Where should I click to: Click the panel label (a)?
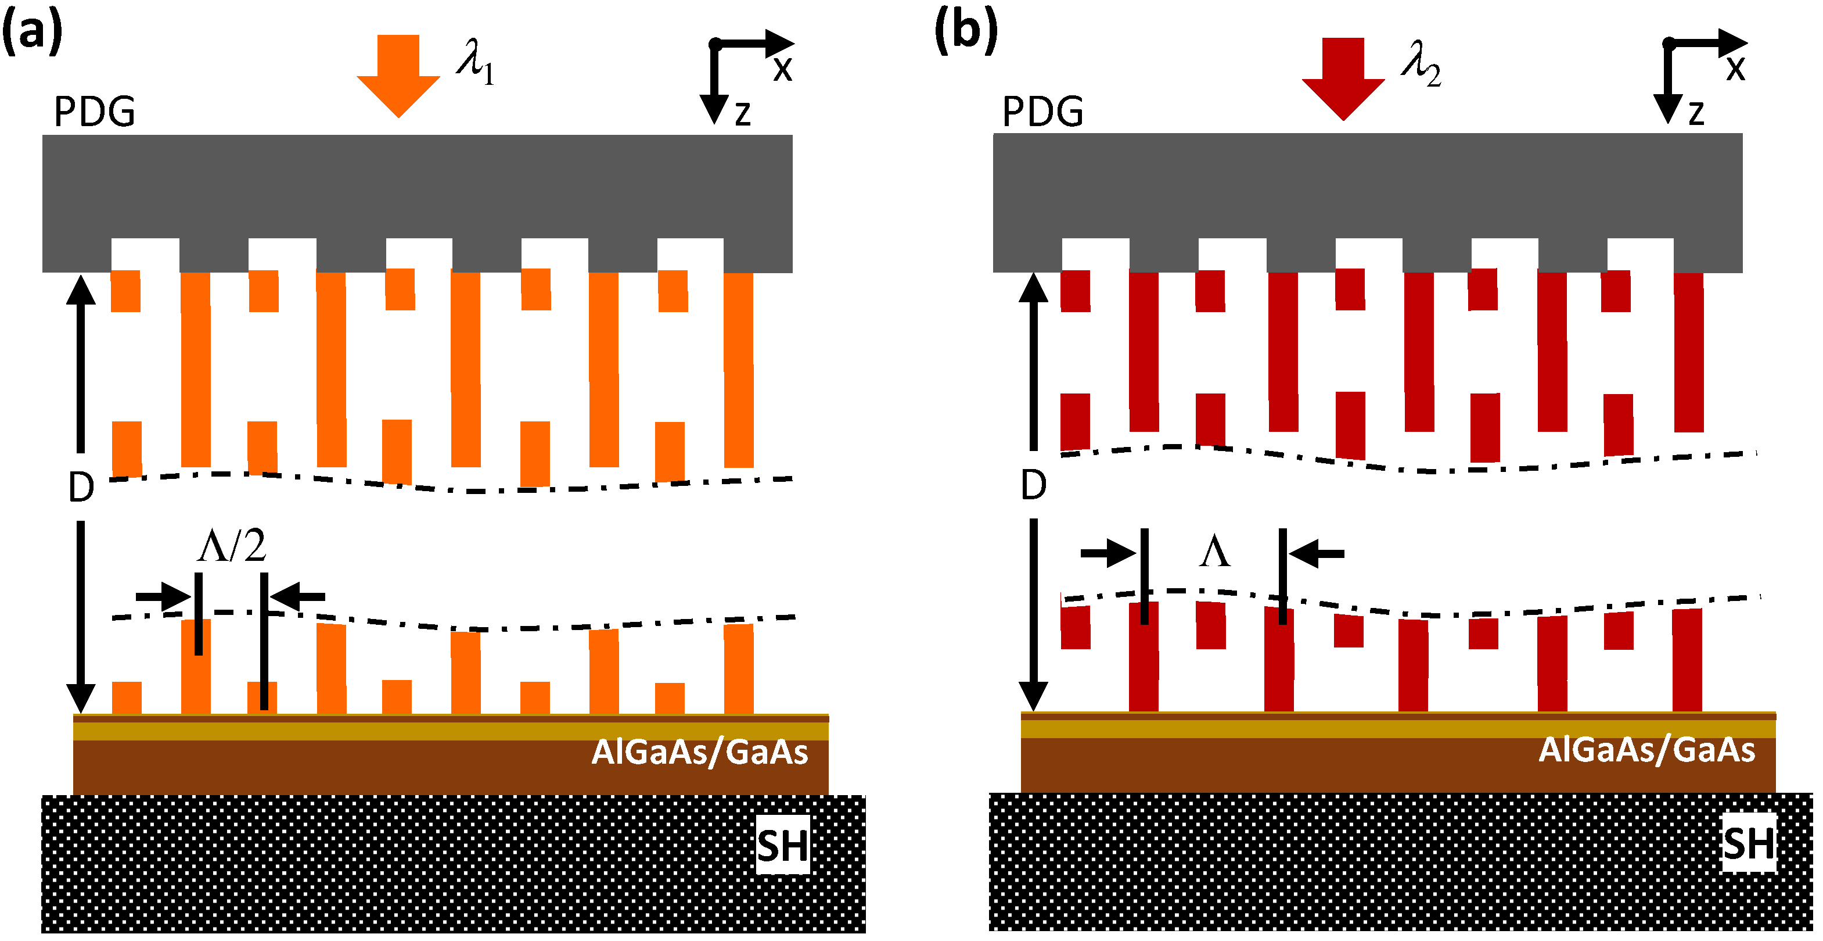click(32, 32)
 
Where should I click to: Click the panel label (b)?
click(966, 32)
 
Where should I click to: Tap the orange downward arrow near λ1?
click(398, 74)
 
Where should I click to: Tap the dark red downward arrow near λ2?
click(1343, 78)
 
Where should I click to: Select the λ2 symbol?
click(1421, 65)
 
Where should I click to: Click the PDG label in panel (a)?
click(94, 112)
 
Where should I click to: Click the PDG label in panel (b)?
click(1042, 112)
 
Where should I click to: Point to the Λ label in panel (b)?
click(1214, 552)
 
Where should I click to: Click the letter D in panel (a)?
click(81, 488)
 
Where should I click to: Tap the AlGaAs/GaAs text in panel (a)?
click(699, 752)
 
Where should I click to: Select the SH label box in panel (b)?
click(1749, 843)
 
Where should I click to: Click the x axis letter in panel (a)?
click(782, 69)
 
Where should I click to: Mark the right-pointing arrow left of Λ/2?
click(161, 596)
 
